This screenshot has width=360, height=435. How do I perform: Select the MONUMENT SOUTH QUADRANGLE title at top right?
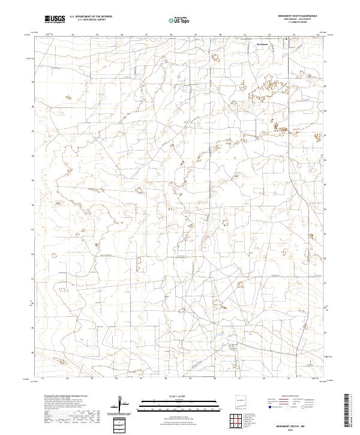pos(293,16)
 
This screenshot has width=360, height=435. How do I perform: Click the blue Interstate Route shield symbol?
pos(269,407)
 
